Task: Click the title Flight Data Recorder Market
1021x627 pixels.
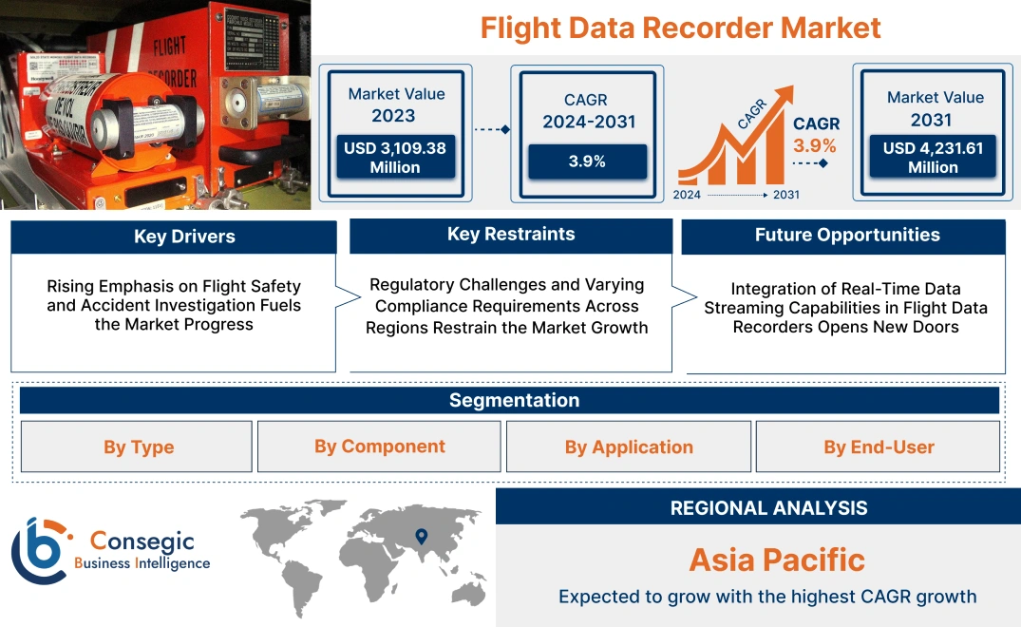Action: click(680, 27)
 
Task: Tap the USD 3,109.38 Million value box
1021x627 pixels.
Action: click(395, 158)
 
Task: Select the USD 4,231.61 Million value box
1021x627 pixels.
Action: click(933, 158)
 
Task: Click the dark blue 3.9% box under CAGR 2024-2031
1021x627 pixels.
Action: click(587, 161)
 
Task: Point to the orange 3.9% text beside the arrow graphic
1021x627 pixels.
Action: click(815, 145)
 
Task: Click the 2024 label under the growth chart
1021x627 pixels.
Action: click(689, 195)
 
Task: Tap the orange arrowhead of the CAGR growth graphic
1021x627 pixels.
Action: click(785, 96)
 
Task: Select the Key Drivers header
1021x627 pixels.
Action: click(174, 237)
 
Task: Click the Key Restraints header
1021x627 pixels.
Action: click(511, 235)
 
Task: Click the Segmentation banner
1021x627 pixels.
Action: click(513, 400)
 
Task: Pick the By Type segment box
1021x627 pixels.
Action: click(138, 446)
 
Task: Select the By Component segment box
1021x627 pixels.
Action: click(379, 446)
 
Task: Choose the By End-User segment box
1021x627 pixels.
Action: click(878, 446)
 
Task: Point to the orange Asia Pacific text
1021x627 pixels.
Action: click(776, 559)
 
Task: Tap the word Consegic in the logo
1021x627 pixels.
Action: click(142, 541)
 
